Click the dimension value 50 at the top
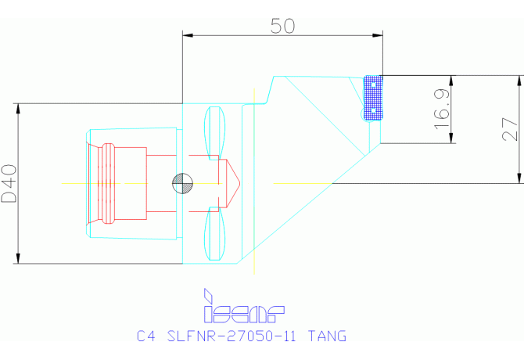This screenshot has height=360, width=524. (x=282, y=25)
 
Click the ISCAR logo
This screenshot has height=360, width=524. (x=243, y=307)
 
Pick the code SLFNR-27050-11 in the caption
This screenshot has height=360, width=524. (x=235, y=337)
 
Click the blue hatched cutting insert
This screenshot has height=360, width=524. (x=375, y=98)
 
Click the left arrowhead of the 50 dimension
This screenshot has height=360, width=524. (x=187, y=34)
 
